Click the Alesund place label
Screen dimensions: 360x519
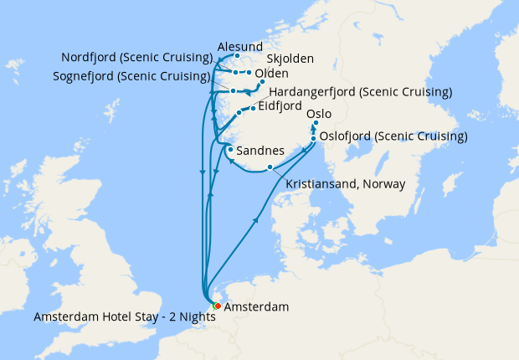pos(239,46)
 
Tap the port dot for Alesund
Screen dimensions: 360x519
pos(238,56)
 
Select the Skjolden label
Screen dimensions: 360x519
pos(290,59)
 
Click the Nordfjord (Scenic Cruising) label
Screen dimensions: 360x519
pos(136,58)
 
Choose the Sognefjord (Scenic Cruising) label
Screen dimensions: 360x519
pos(136,76)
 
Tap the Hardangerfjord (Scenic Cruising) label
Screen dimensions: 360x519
pos(361,91)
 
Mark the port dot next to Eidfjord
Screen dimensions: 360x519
pos(253,109)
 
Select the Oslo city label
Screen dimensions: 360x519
pos(319,113)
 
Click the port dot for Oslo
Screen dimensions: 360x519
pos(316,123)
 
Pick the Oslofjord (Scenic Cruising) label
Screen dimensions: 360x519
pos(393,136)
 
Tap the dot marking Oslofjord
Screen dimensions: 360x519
pos(313,138)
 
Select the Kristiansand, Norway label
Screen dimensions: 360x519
pos(345,184)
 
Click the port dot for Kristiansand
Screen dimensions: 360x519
pos(270,167)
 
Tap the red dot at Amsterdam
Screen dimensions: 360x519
pos(217,306)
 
